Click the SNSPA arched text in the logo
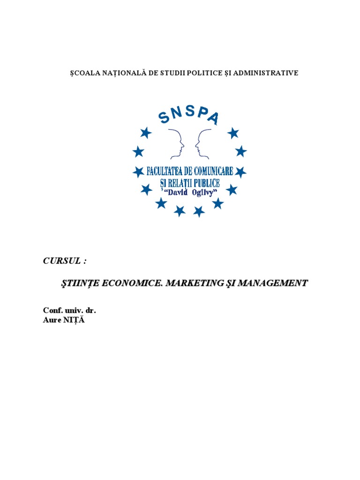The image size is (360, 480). (189, 114)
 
